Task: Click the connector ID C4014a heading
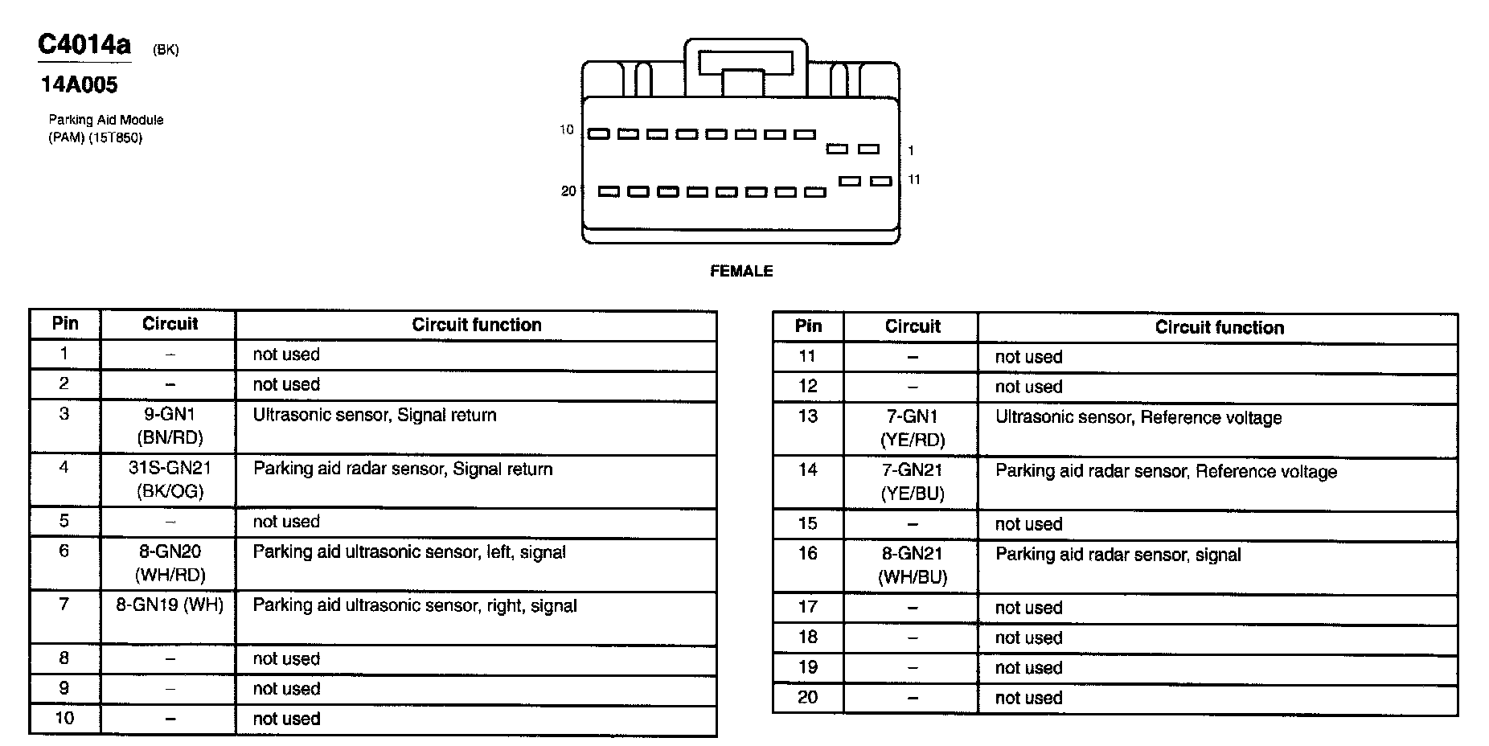point(84,44)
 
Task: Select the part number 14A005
point(79,84)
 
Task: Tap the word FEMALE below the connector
point(741,272)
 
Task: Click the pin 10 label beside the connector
point(567,129)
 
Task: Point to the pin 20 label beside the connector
point(568,191)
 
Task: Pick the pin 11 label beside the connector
point(914,179)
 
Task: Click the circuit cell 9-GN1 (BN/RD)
point(169,426)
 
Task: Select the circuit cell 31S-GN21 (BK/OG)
point(169,480)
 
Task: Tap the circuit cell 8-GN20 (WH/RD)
point(169,563)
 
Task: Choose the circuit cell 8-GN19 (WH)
point(169,605)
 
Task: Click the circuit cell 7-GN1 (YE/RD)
point(912,428)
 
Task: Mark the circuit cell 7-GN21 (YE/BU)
point(912,482)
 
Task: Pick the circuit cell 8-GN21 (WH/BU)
point(912,565)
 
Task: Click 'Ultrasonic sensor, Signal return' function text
point(375,416)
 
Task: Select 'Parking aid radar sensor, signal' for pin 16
point(1118,555)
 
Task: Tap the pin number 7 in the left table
point(64,605)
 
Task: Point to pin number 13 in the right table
point(807,416)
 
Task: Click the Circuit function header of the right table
point(1219,328)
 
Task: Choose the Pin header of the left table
point(65,324)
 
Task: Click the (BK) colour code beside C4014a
point(166,51)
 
